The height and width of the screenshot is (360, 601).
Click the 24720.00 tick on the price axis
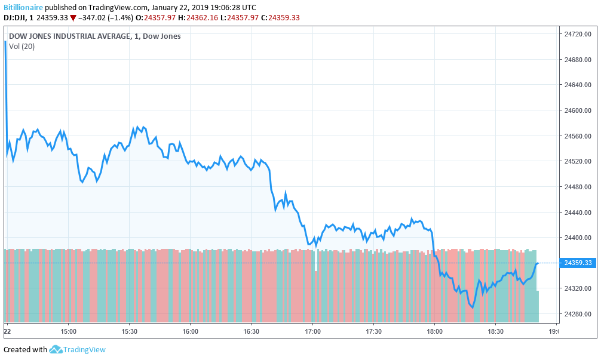tap(578, 35)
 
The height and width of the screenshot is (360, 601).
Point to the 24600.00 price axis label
tap(578, 111)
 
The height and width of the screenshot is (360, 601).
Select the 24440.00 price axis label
tap(578, 213)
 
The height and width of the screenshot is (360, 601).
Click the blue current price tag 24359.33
tap(578, 263)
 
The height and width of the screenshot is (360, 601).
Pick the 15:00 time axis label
tap(68, 331)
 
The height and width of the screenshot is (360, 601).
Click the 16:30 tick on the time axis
tap(252, 331)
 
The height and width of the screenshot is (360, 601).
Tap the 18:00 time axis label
tap(434, 331)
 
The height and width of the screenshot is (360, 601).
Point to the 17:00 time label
tap(312, 331)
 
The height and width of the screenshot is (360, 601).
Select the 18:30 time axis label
tap(496, 331)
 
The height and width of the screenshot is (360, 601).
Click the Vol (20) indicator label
tap(22, 47)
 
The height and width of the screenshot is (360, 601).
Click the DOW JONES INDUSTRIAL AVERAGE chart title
tap(69, 36)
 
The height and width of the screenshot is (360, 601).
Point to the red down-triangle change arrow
tap(73, 17)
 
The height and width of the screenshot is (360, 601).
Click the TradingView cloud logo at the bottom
tap(56, 349)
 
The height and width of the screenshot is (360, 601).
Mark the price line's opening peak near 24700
tap(5, 42)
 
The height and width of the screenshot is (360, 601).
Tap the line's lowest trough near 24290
tap(472, 308)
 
